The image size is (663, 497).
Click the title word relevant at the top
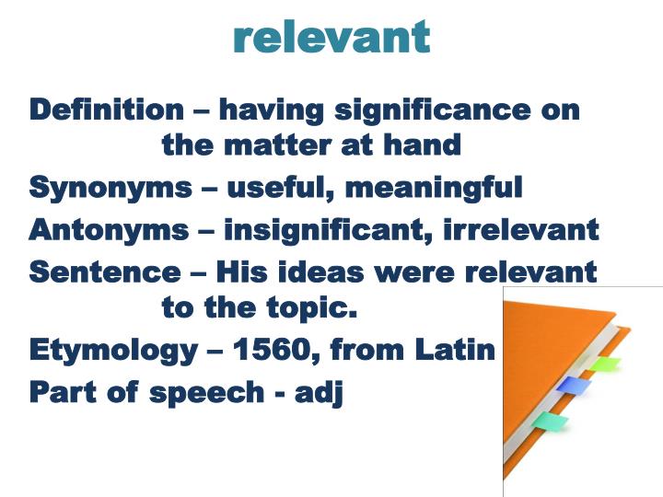pos(331,37)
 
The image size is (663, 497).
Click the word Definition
pos(107,110)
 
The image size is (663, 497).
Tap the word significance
pos(430,110)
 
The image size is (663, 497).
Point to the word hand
pos(422,144)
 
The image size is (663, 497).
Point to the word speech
pos(205,392)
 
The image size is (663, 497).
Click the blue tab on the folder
pos(572,385)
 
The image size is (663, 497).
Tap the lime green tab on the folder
pos(605,364)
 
